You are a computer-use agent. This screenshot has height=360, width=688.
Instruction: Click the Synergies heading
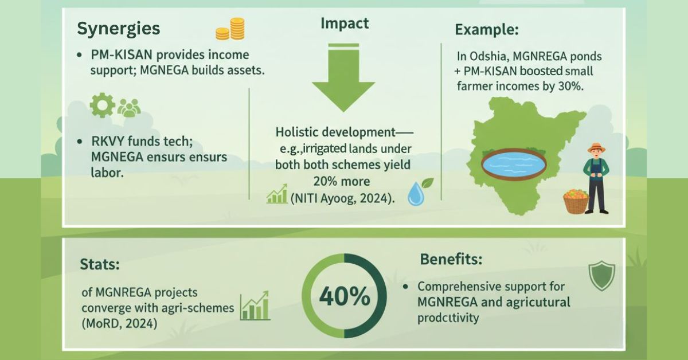pyautogui.click(x=119, y=29)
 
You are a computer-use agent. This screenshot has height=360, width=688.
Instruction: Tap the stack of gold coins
pyautogui.click(x=230, y=29)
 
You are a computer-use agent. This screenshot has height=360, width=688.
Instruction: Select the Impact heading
pyautogui.click(x=345, y=24)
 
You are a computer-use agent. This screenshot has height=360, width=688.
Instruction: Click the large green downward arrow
pyautogui.click(x=343, y=78)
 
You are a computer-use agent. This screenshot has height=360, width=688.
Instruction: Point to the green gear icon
pyautogui.click(x=102, y=105)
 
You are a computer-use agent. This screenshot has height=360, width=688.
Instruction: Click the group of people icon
pyautogui.click(x=129, y=108)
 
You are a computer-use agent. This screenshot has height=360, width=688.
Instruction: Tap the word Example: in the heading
pyautogui.click(x=487, y=30)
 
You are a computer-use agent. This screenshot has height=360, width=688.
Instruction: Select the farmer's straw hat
pyautogui.click(x=596, y=147)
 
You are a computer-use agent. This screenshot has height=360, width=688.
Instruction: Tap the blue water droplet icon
pyautogui.click(x=416, y=194)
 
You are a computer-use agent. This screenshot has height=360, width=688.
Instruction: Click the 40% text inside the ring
pyautogui.click(x=345, y=296)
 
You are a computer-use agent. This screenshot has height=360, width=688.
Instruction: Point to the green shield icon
pyautogui.click(x=601, y=276)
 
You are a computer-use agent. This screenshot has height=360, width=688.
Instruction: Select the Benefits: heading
pyautogui.click(x=451, y=259)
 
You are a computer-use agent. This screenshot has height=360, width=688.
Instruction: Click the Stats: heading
pyautogui.click(x=100, y=264)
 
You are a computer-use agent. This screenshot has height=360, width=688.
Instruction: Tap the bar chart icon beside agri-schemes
pyautogui.click(x=255, y=306)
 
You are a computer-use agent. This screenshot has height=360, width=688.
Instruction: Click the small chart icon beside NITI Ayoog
pyautogui.click(x=277, y=194)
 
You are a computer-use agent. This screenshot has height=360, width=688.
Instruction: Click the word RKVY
pyautogui.click(x=108, y=141)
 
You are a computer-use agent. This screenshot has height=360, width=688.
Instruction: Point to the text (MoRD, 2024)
pyautogui.click(x=119, y=323)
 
